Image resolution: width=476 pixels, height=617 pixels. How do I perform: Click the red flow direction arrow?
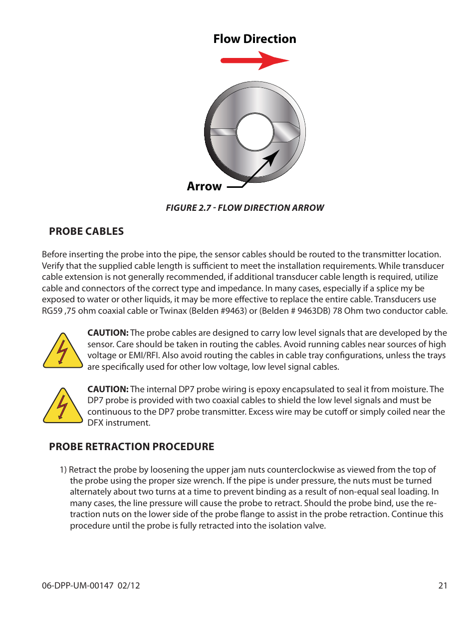tap(254, 61)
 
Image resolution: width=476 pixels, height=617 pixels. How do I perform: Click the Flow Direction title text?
tap(254, 39)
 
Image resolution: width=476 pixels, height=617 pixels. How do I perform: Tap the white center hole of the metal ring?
tap(254, 132)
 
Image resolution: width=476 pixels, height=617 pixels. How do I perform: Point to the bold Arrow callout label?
tap(204, 186)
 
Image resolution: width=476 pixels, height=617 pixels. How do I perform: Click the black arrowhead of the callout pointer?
tap(273, 157)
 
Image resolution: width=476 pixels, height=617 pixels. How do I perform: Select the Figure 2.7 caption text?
tap(244, 208)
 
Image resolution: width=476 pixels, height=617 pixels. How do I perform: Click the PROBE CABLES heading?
tap(86, 231)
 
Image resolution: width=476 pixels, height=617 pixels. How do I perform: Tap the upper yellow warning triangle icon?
tap(63, 352)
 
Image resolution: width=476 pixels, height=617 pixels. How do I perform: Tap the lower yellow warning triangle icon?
tap(63, 407)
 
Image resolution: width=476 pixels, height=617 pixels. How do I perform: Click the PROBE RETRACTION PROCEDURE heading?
tap(131, 447)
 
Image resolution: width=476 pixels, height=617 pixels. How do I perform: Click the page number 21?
tap(443, 586)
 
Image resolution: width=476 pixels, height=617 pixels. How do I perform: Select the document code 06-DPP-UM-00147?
tap(77, 586)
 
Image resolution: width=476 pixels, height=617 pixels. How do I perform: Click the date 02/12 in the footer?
tap(129, 586)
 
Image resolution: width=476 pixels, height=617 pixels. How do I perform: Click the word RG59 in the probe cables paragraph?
tap(52, 311)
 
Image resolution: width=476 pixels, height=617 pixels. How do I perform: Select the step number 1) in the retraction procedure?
tap(63, 470)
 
